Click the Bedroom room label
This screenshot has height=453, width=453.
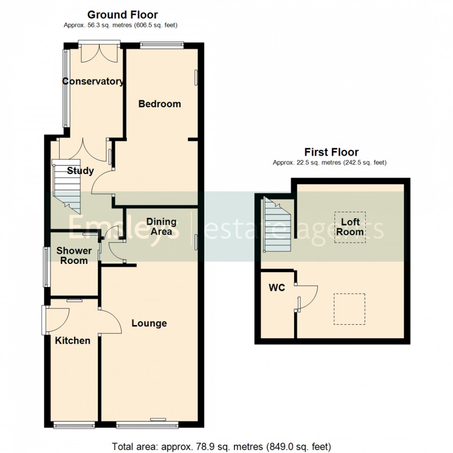click(x=159, y=104)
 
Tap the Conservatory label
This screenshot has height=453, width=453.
click(x=93, y=81)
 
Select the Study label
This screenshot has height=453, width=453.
click(x=80, y=171)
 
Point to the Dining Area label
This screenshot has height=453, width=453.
click(x=161, y=226)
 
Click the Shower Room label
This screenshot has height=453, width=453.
click(x=74, y=255)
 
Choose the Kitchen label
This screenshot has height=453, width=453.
click(x=72, y=341)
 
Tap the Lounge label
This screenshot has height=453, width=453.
click(x=149, y=323)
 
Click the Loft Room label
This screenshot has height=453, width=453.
click(x=350, y=226)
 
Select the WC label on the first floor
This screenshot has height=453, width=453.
click(x=277, y=288)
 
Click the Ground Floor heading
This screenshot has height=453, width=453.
click(x=123, y=15)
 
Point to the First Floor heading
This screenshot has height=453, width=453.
click(x=331, y=152)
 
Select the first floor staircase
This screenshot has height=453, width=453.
click(x=277, y=224)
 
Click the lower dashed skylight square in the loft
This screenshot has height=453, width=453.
click(x=350, y=309)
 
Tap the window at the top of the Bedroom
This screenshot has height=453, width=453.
click(x=162, y=44)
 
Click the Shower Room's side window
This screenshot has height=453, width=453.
click(x=45, y=266)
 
